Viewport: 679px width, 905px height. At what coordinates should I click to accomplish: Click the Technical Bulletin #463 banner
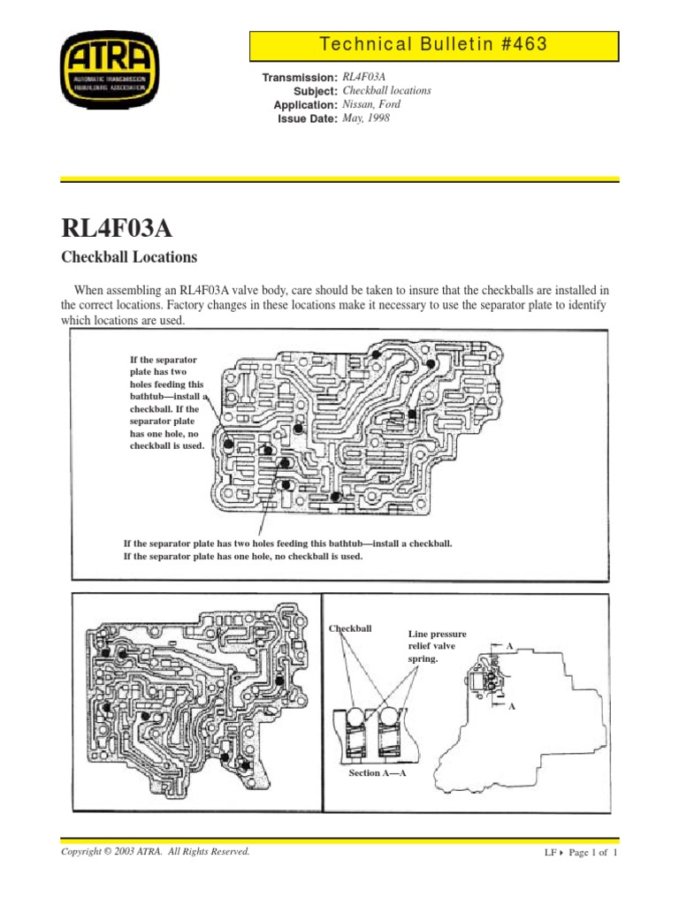pyautogui.click(x=434, y=44)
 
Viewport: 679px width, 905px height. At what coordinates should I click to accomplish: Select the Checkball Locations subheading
pyautogui.click(x=128, y=258)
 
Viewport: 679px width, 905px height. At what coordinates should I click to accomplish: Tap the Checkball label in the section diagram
pyautogui.click(x=350, y=628)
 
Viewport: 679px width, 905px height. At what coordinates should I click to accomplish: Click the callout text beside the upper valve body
pyautogui.click(x=166, y=403)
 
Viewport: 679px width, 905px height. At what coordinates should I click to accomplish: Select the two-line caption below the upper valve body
pyautogui.click(x=287, y=550)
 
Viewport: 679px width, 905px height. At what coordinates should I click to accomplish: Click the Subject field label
pyautogui.click(x=315, y=92)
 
